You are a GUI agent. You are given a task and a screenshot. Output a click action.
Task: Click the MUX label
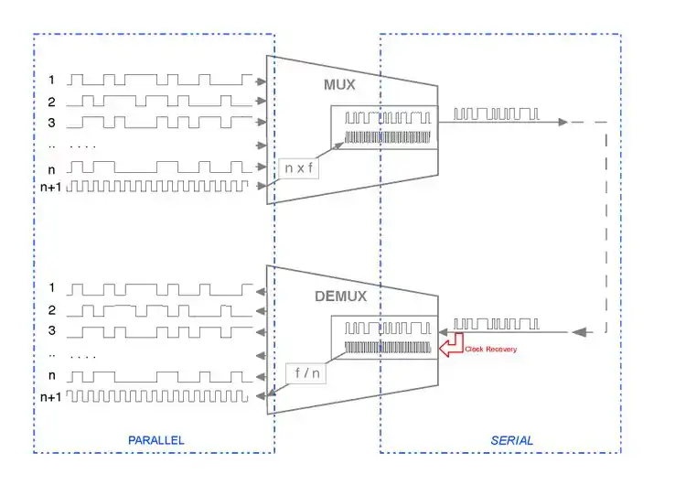click(339, 85)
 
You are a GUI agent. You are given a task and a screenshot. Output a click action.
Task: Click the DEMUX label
click(339, 296)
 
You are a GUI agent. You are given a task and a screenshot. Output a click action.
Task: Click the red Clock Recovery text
click(490, 349)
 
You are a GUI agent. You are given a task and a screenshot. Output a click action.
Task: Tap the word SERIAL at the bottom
click(511, 440)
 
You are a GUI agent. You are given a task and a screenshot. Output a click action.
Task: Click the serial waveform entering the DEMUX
click(497, 324)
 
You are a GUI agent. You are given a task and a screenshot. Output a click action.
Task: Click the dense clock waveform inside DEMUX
click(387, 348)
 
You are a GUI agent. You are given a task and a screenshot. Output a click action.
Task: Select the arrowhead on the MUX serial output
click(564, 122)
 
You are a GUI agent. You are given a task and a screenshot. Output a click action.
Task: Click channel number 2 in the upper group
click(52, 102)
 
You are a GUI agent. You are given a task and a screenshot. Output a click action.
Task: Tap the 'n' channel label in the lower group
click(52, 375)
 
